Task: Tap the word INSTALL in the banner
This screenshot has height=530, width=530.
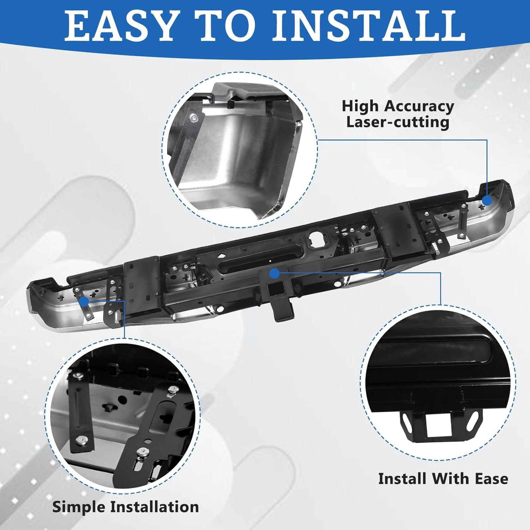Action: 368,26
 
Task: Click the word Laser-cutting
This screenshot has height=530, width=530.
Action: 397,122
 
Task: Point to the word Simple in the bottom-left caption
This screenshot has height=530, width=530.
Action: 79,507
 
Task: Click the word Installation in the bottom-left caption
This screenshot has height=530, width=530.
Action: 154,507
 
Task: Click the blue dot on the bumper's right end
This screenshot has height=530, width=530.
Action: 487,200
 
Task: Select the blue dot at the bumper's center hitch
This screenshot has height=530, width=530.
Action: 274,273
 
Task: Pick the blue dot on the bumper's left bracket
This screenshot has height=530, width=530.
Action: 84,301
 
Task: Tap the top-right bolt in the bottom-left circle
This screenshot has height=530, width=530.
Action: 173,389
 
